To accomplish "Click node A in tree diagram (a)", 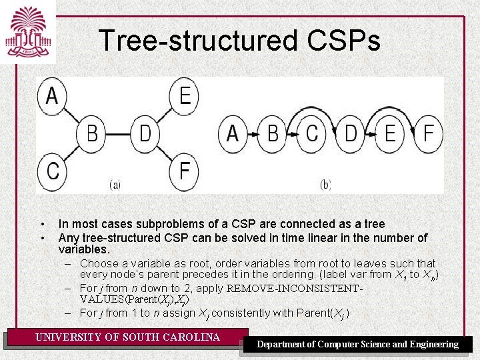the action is pyautogui.click(x=52, y=97).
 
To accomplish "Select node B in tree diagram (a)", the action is pyautogui.click(x=92, y=134).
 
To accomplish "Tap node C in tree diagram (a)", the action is pyautogui.click(x=52, y=171).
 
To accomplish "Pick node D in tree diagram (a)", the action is pyautogui.click(x=145, y=134).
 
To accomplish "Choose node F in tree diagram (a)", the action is pyautogui.click(x=185, y=171).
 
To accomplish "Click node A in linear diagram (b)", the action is pyautogui.click(x=233, y=134).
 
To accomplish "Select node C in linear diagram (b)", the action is pyautogui.click(x=311, y=134).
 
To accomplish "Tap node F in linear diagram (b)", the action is pyautogui.click(x=429, y=134).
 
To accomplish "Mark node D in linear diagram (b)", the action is pyautogui.click(x=351, y=134).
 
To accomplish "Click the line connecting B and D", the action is pyautogui.click(x=119, y=134).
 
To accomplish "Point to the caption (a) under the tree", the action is pyautogui.click(x=115, y=185).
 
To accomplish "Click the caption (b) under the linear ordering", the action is pyautogui.click(x=325, y=185).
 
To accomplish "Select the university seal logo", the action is pyautogui.click(x=27, y=31).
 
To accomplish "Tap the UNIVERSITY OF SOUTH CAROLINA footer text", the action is pyautogui.click(x=127, y=337).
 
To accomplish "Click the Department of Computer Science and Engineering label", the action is pyautogui.click(x=358, y=344).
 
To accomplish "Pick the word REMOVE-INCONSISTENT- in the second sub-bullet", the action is pyautogui.click(x=295, y=289).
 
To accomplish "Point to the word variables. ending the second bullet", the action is pyautogui.click(x=83, y=249).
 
